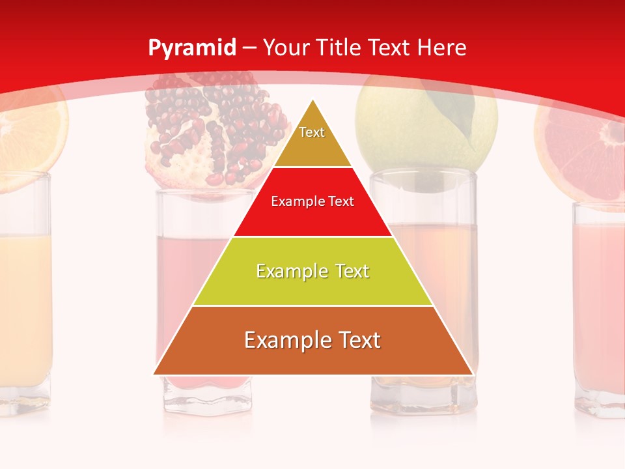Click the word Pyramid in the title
click(192, 48)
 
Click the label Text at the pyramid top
click(312, 132)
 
